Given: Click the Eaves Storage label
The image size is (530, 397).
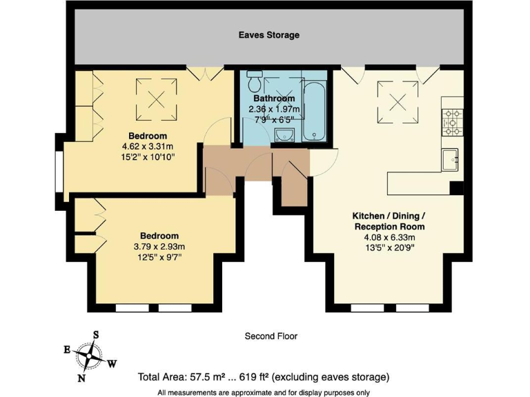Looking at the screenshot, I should coord(269,35).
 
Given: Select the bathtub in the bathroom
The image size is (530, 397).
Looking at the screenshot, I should coord(318,110).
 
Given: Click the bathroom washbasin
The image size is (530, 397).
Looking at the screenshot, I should coord(284,135).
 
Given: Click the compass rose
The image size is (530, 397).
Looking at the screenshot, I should coord(90,356).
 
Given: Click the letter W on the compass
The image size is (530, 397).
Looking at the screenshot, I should coord(112,364).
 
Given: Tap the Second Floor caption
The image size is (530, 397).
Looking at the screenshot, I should coord(271,336).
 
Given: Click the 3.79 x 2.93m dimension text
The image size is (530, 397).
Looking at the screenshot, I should coord(159,247).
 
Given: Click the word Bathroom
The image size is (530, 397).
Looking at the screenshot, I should coord(274,99).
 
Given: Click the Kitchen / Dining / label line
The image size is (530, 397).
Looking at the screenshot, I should coord(389,216).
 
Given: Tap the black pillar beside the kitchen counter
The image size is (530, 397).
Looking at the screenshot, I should coord(455,187).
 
